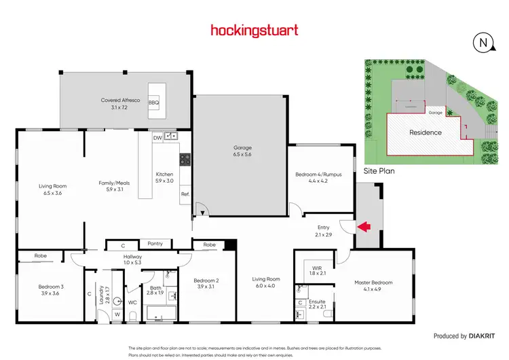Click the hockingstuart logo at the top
click(254, 30)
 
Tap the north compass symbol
click(483, 42)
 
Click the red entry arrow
click(364, 226)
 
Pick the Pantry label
click(155, 243)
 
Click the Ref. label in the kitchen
click(184, 194)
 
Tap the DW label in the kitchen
click(157, 137)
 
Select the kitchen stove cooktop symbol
click(184, 160)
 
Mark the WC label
click(133, 302)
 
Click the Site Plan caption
click(379, 171)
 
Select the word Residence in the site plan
click(424, 132)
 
